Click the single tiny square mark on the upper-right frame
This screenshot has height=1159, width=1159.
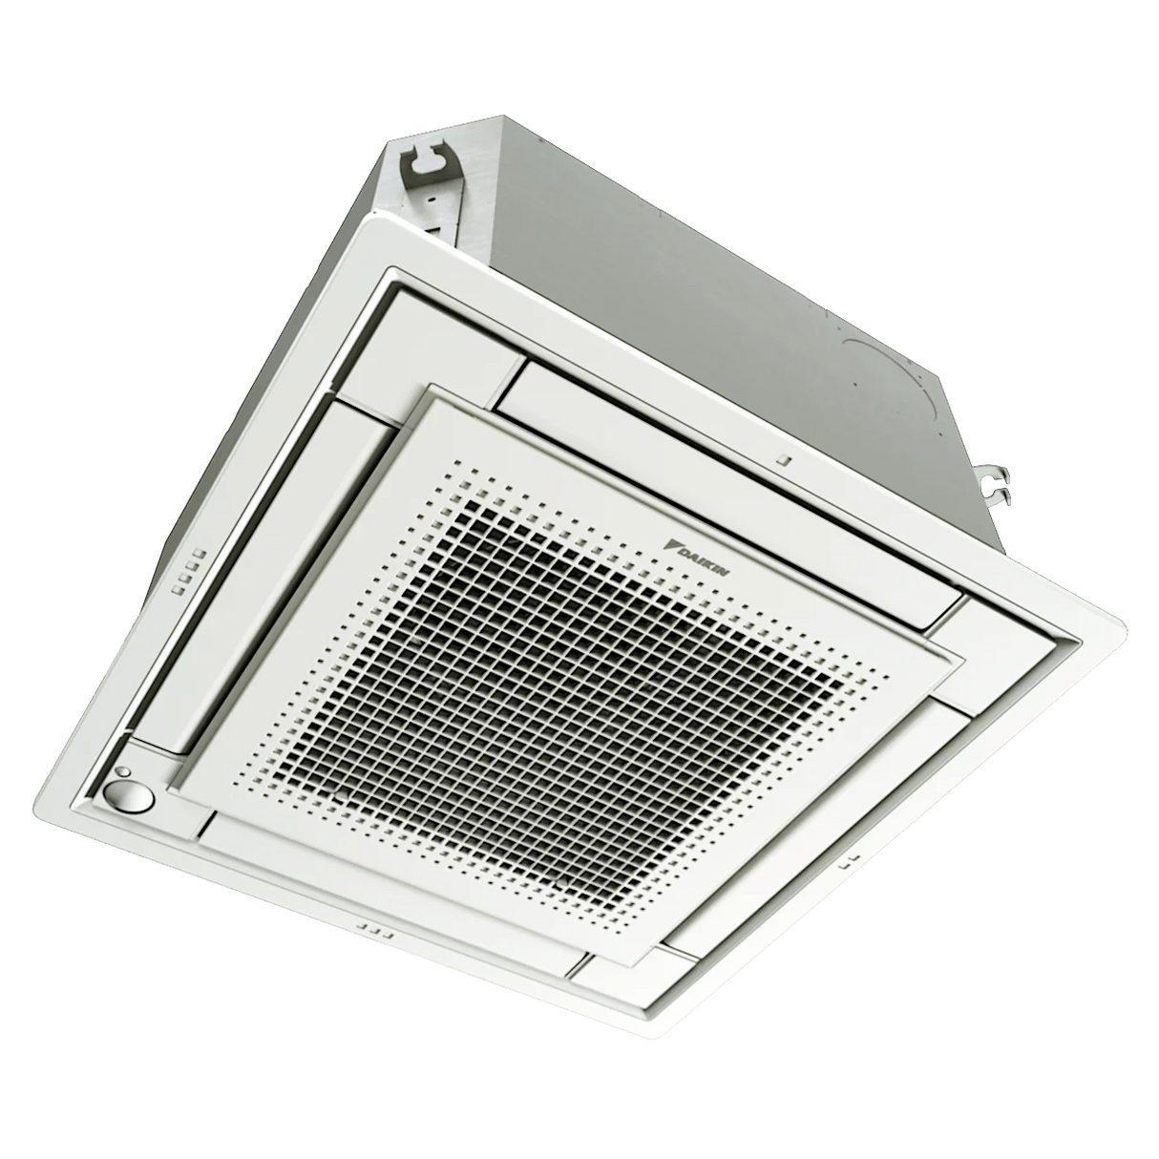[x=782, y=459]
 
